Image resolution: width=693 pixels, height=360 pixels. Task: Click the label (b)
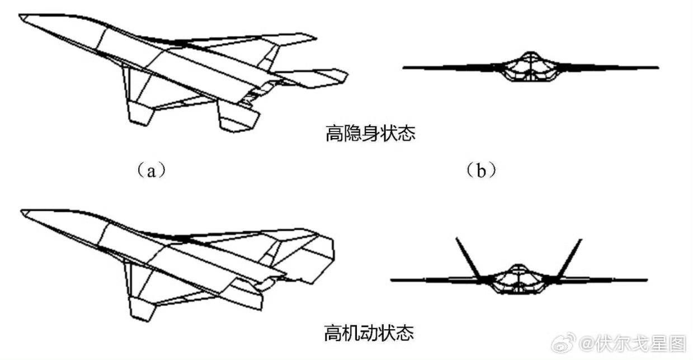coord(481,170)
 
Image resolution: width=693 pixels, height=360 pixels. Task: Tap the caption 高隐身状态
coord(370,134)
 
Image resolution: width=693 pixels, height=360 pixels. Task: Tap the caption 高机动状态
coord(369,334)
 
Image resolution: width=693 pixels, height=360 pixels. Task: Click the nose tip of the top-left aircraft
coord(20,17)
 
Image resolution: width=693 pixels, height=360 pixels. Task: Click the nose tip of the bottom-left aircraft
coord(21,211)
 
